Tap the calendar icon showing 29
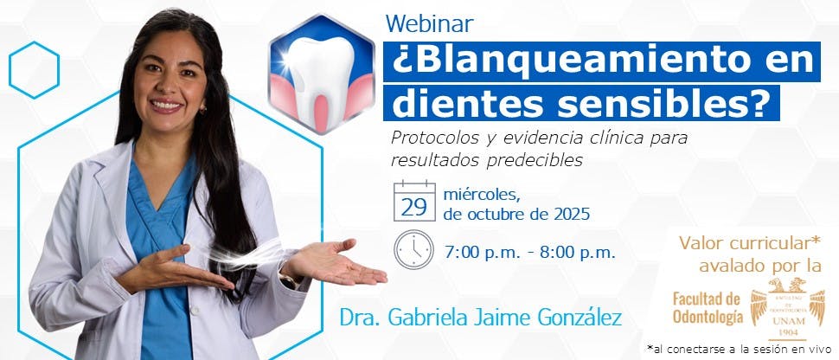(x=413, y=202)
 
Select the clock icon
(x=413, y=249)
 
